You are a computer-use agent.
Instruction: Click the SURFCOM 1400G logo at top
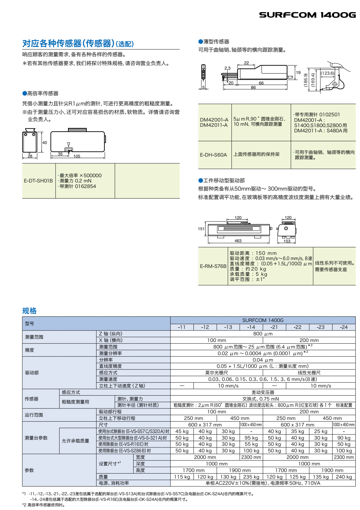point(307,15)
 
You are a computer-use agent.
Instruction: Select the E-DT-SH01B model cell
point(38,181)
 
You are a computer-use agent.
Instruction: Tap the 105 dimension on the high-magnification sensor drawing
point(77,156)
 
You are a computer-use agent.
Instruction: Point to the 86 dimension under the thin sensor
point(253,87)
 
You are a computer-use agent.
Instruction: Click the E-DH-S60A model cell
point(213,155)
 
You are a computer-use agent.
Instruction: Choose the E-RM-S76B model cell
point(213,266)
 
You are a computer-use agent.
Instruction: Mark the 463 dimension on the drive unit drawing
point(238,241)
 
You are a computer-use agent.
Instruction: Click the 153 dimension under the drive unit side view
point(287,241)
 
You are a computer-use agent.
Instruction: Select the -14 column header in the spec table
point(251,327)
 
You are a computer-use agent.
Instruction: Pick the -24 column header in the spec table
point(344,327)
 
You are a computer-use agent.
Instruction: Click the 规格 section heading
point(29,311)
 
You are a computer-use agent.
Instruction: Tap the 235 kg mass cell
point(251,477)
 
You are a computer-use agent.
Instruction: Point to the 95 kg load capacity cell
point(251,438)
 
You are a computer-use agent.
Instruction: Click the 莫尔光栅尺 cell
point(217,373)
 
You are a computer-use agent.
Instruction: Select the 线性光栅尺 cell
point(309,373)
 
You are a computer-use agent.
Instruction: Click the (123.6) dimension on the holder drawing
point(327,73)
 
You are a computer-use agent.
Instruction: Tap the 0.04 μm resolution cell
point(263,360)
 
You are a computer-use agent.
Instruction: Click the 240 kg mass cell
point(344,477)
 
